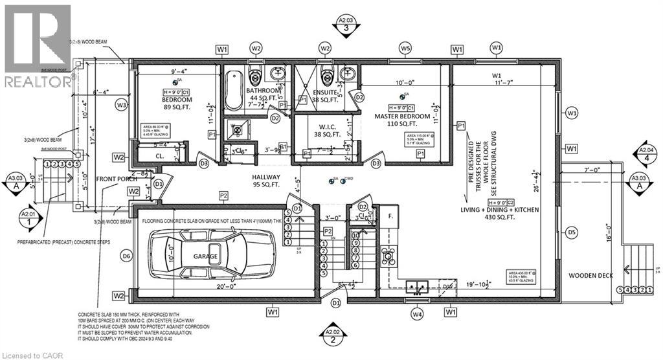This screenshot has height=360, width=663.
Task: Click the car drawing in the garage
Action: click(212, 256)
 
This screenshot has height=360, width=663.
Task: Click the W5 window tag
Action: click(405, 49)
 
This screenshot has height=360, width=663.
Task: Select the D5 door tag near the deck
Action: click(571, 231)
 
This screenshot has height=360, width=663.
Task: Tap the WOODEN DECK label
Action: click(587, 275)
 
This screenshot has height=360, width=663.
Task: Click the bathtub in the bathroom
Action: click(235, 91)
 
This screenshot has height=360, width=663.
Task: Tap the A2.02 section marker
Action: click(333, 335)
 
